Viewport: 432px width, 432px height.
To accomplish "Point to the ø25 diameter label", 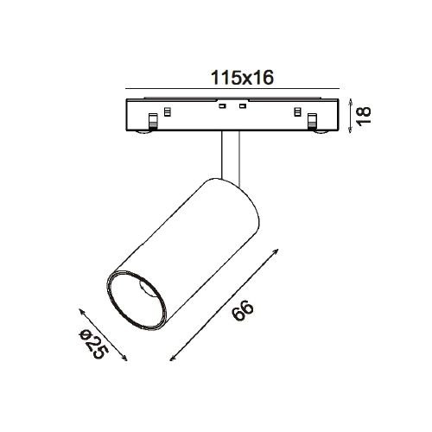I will (94, 345).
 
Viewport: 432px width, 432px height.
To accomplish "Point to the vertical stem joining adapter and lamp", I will (229, 156).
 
